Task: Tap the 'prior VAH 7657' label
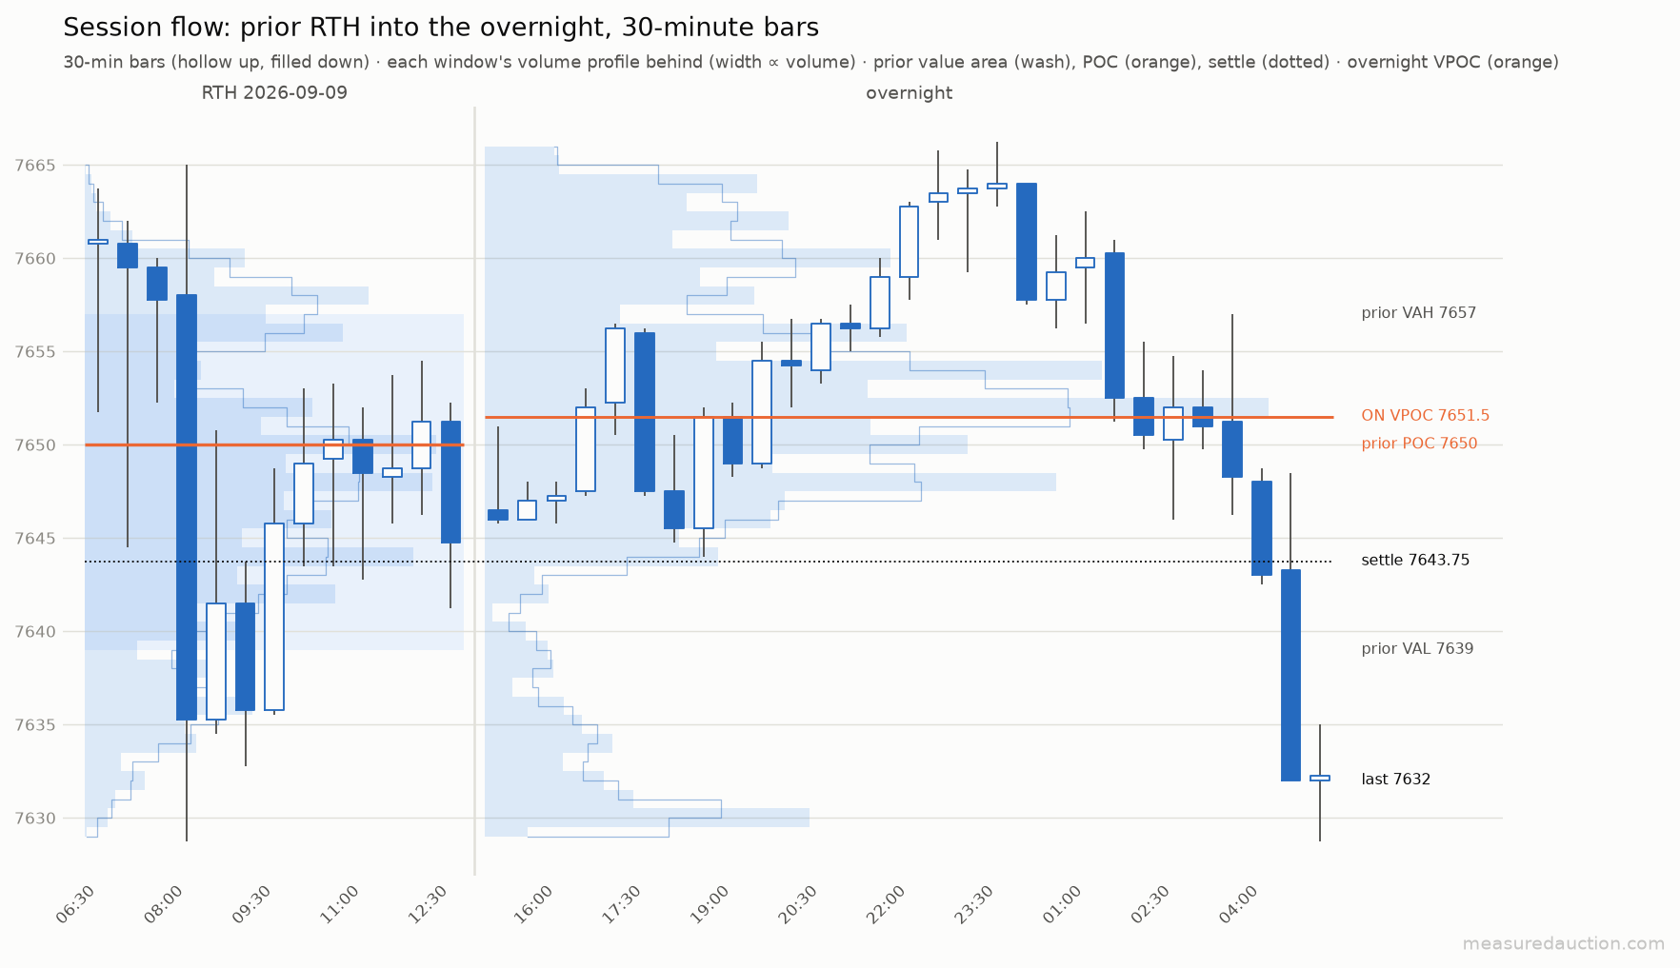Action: tap(1418, 313)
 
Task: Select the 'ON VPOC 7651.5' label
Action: tap(1425, 416)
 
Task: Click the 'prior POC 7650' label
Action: tap(1419, 444)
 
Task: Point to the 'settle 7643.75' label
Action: tap(1415, 561)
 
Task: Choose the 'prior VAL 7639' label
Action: tap(1417, 649)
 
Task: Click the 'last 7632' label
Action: tap(1395, 780)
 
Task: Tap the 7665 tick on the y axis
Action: tap(36, 166)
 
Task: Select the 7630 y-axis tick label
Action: tap(36, 819)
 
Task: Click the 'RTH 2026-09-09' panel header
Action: tap(274, 93)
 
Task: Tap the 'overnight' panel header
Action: tap(909, 93)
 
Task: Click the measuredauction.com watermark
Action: tap(1564, 944)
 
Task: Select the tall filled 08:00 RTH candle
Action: tap(187, 507)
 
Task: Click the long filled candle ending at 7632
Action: tap(1290, 675)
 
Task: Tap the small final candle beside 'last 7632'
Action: tap(1320, 778)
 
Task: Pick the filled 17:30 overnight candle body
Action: tap(645, 412)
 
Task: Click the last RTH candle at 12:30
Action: tap(450, 483)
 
